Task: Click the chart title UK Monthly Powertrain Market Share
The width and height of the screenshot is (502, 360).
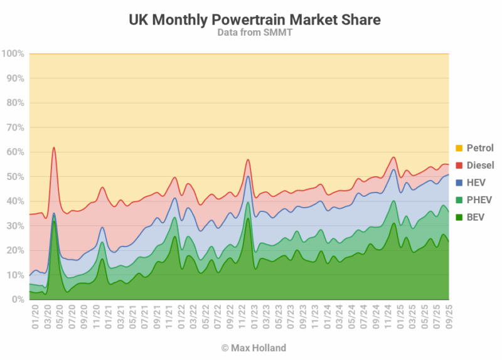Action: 255,19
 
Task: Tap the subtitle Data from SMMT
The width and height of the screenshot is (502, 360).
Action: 255,33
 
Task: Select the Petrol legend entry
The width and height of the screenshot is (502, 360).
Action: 479,149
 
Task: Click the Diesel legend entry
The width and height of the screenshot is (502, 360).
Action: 479,166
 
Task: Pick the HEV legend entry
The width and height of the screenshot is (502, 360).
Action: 476,183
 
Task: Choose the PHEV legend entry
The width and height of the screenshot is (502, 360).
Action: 479,200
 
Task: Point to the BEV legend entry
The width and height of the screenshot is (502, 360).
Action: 476,217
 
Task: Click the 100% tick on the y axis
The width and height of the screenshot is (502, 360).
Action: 13,54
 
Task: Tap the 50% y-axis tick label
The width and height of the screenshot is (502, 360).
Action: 15,177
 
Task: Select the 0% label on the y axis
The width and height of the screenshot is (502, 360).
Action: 18,300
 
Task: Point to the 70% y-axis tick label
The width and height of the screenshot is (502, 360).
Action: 15,128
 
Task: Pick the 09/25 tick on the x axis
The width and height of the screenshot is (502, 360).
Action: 449,311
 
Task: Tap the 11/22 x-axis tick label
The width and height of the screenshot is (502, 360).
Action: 240,311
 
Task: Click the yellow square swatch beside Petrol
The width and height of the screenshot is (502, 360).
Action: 459,149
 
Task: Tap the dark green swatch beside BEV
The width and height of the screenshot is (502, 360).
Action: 459,217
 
